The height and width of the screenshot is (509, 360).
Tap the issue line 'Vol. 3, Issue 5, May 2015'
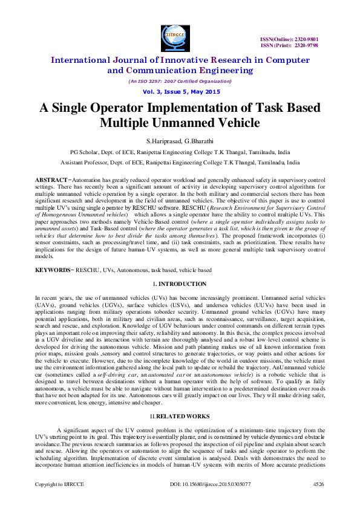click(179, 91)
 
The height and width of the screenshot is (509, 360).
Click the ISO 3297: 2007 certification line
click(179, 81)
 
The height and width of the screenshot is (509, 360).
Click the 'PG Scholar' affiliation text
click(87, 152)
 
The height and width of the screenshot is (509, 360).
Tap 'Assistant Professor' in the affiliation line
click(89, 163)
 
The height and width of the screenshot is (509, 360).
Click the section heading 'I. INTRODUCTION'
click(180, 284)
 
